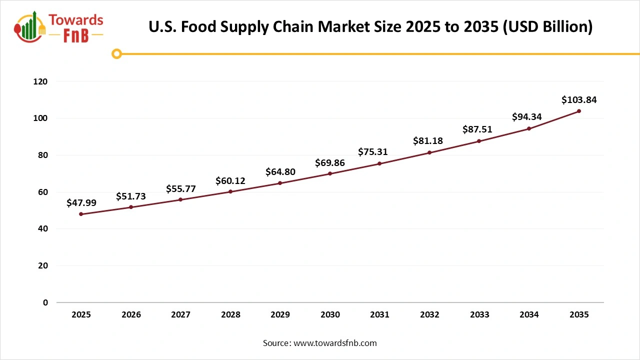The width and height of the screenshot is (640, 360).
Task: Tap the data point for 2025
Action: pos(81,214)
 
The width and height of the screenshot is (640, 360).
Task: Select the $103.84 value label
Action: pos(579,100)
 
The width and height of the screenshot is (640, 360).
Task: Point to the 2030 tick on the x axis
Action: pos(330,314)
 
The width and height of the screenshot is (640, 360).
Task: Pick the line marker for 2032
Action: pos(429,152)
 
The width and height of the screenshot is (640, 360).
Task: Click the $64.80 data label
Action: pos(280,172)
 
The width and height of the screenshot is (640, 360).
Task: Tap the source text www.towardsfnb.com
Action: pos(334,343)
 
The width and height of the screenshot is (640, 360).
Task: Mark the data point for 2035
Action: pos(579,111)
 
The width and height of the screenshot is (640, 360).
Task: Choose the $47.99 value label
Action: pos(81,203)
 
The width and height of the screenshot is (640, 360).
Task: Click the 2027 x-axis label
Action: pos(180,314)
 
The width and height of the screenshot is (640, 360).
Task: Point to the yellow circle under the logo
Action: pos(116,53)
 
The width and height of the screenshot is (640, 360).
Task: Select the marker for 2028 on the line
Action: pos(230,191)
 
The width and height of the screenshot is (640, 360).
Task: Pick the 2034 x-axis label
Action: pos(529,314)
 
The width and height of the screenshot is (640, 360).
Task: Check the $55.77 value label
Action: pos(180,189)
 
